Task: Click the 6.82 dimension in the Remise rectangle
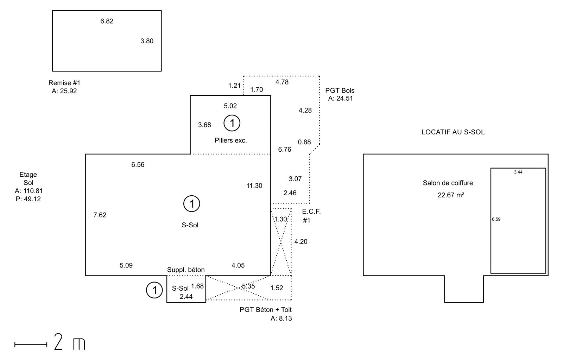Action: pyautogui.click(x=107, y=21)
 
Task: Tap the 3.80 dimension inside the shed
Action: pyautogui.click(x=147, y=41)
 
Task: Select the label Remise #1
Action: pyautogui.click(x=64, y=83)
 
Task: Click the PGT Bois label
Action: pyautogui.click(x=340, y=90)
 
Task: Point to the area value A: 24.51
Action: pyautogui.click(x=341, y=98)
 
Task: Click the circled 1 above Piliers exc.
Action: pyautogui.click(x=232, y=123)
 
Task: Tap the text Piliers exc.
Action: pyautogui.click(x=231, y=140)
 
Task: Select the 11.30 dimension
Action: pyautogui.click(x=254, y=185)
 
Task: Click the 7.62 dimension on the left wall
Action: pyautogui.click(x=100, y=215)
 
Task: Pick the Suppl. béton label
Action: pyautogui.click(x=186, y=270)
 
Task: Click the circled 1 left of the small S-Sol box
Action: pyautogui.click(x=154, y=290)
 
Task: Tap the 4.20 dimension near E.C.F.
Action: pyautogui.click(x=301, y=242)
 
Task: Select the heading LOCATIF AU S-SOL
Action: pyautogui.click(x=453, y=132)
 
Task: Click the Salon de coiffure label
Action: pyautogui.click(x=448, y=183)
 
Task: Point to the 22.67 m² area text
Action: pyautogui.click(x=451, y=195)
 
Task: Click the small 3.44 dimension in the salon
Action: pyautogui.click(x=518, y=172)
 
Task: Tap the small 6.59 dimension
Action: pyautogui.click(x=496, y=219)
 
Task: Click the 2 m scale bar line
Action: pyautogui.click(x=31, y=345)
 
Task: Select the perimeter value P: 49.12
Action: pyautogui.click(x=28, y=199)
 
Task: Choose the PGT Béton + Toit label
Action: pyautogui.click(x=266, y=309)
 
